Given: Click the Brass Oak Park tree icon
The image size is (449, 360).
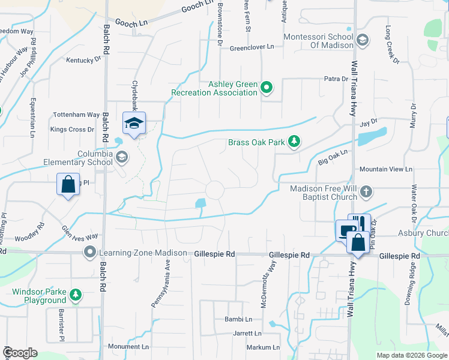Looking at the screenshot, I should [294, 142].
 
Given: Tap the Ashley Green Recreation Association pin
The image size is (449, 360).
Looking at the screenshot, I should [267, 89].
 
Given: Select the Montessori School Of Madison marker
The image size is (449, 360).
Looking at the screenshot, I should [363, 40].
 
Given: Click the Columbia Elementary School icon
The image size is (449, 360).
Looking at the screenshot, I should [122, 157].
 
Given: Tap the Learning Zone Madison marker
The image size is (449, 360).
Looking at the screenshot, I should [90, 253].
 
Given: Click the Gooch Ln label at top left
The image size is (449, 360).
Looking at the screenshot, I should [131, 22].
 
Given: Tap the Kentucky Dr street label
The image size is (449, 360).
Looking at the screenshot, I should [84, 60].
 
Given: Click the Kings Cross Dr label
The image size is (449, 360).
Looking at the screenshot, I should [73, 129].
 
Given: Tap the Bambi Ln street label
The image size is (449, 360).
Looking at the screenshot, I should [238, 319].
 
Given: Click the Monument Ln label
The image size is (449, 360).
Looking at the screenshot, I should [128, 347].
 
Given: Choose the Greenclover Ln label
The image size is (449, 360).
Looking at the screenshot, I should [252, 47].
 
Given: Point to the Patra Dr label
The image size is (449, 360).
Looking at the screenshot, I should [336, 79].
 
